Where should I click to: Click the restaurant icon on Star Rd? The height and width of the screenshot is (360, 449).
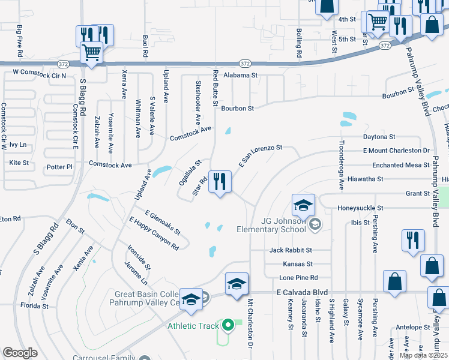(x=219, y=182)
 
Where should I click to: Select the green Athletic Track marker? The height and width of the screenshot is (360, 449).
(x=228, y=326)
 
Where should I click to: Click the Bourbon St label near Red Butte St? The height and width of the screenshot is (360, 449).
(x=238, y=109)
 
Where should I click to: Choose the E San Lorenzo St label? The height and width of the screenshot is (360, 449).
(x=261, y=155)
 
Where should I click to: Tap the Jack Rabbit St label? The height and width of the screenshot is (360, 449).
(x=291, y=250)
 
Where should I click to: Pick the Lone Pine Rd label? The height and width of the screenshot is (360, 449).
(x=298, y=278)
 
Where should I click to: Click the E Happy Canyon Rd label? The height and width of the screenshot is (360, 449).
(x=154, y=233)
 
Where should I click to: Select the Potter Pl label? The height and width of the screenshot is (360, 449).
(x=59, y=167)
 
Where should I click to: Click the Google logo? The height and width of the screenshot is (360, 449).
(x=20, y=353)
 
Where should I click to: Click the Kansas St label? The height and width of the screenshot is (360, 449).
(x=298, y=264)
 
